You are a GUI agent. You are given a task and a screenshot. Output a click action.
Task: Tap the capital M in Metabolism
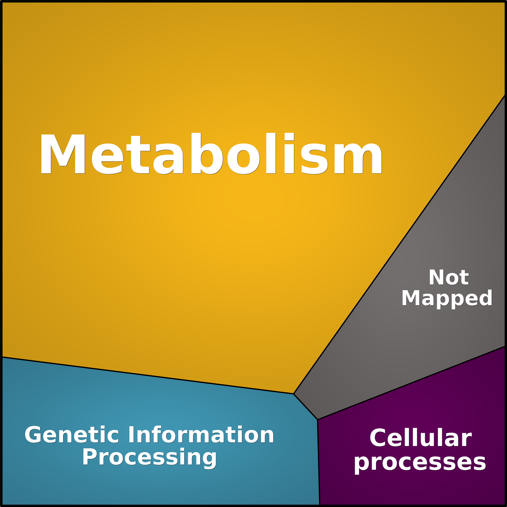click(63, 154)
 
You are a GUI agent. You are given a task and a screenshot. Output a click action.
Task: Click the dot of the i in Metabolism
click(289, 136)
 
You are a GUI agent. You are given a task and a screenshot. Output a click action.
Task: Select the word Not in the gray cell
click(448, 277)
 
